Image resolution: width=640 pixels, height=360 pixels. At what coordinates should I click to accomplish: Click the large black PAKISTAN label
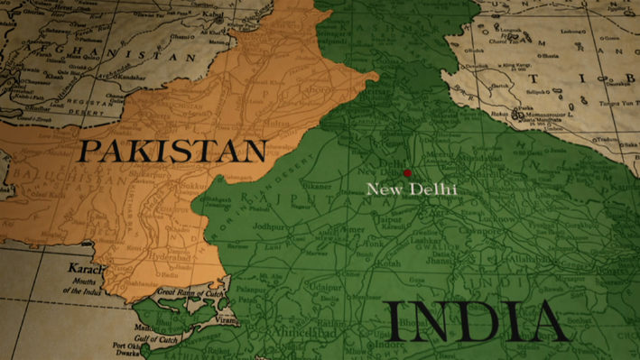click(x=171, y=151)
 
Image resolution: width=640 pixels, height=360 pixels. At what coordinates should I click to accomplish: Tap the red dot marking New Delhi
click(x=407, y=172)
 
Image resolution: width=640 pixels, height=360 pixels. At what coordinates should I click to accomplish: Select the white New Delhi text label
click(x=411, y=189)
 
